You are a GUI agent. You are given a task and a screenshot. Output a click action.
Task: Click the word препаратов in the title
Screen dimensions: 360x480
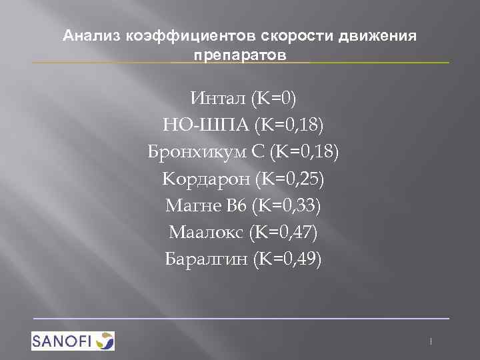[240, 53]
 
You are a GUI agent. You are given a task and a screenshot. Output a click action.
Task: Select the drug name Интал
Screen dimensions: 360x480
[219, 99]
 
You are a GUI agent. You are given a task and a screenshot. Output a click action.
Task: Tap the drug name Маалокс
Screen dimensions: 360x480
[206, 233]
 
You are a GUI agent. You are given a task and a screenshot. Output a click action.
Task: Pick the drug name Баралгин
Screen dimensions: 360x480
[206, 259]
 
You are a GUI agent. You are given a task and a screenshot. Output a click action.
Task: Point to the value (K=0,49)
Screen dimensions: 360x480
[288, 259]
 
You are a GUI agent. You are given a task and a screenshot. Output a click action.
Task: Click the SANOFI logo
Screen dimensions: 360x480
[73, 340]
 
